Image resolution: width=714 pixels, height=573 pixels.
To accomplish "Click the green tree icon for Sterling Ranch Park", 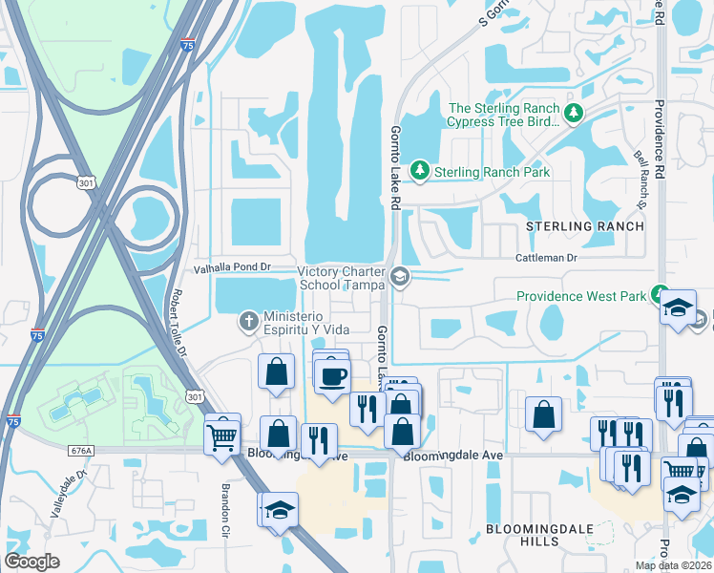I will [418, 171].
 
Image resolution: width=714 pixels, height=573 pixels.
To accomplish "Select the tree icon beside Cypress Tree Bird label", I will [573, 115].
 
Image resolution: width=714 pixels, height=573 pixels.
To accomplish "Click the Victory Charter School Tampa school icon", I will [400, 279].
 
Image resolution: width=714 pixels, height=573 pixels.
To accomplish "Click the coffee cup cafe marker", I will [332, 374].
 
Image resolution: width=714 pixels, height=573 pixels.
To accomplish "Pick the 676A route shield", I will [81, 450].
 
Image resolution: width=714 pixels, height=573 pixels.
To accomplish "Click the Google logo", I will [32, 562].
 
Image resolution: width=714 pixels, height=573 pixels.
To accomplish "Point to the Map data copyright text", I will [674, 565].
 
